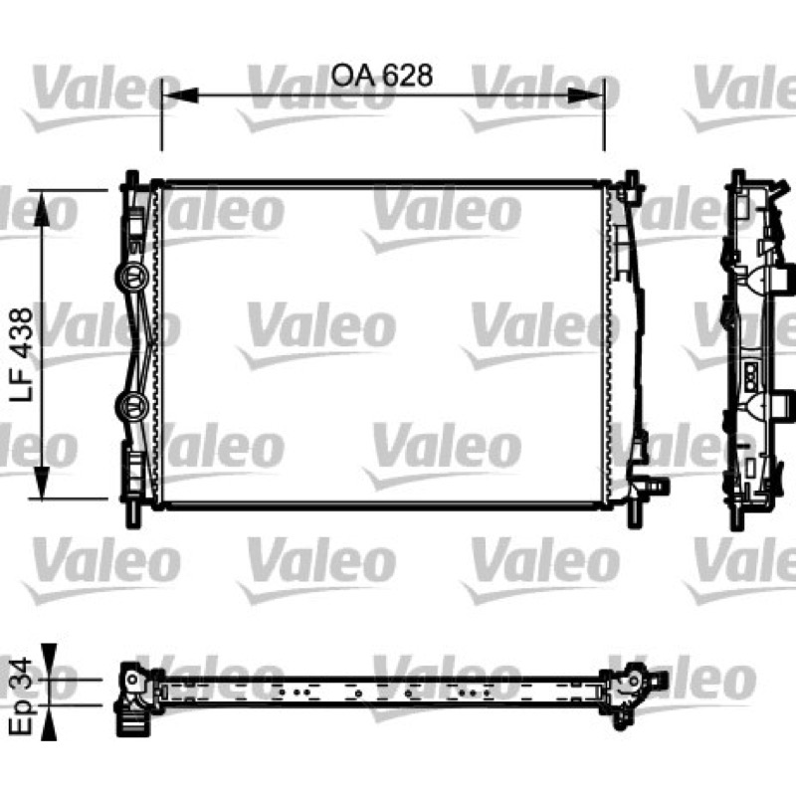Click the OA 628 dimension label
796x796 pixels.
pyautogui.click(x=382, y=76)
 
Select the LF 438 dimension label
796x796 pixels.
pyautogui.click(x=21, y=354)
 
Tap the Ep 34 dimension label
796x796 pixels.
pyautogui.click(x=21, y=696)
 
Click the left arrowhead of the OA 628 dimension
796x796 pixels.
pyautogui.click(x=180, y=95)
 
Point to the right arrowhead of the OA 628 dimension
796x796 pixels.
pyautogui.click(x=586, y=95)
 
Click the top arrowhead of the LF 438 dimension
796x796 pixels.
pyautogui.click(x=41, y=208)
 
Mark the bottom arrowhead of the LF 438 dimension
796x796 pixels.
pyautogui.click(x=41, y=482)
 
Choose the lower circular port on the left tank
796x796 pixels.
pyautogui.click(x=131, y=406)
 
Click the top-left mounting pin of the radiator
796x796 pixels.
pyautogui.click(x=132, y=180)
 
